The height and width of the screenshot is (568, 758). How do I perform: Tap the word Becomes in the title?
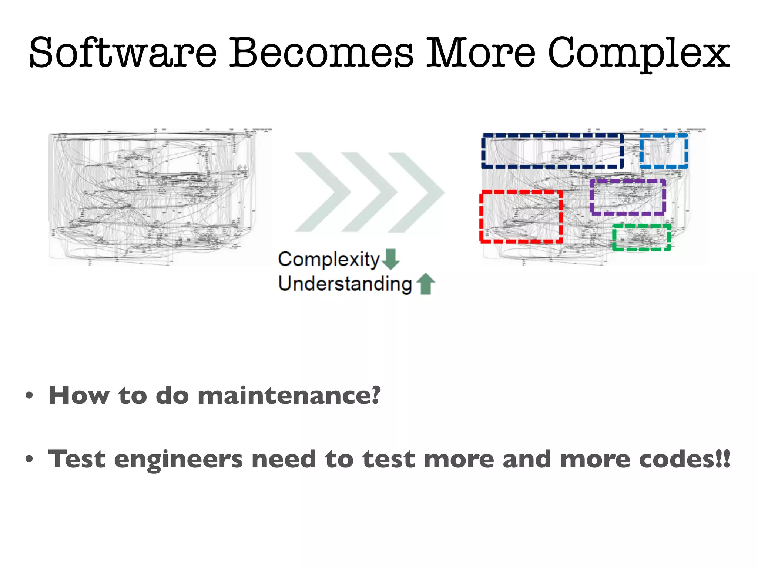(321, 53)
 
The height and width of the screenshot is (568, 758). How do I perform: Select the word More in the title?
(481, 53)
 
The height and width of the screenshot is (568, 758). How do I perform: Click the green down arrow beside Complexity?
(390, 259)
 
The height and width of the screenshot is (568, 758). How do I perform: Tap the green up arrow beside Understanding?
(426, 284)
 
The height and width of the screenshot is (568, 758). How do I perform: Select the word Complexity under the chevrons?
(329, 259)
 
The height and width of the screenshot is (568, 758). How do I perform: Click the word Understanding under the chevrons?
(345, 284)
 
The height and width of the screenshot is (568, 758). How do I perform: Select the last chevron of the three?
(416, 192)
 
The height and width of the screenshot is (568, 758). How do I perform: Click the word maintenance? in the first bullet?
(289, 395)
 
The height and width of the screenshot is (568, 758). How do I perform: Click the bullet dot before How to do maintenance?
(29, 396)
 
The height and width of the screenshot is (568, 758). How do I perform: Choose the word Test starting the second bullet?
(77, 459)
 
